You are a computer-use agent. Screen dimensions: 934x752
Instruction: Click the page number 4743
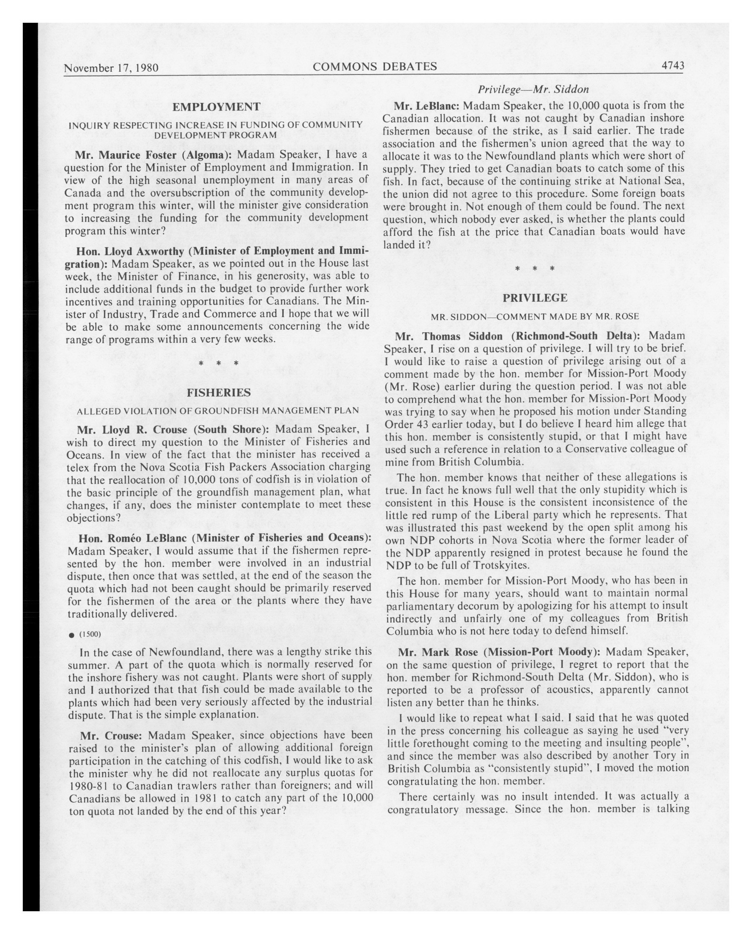(672, 66)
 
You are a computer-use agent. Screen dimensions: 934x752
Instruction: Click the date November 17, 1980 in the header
(111, 68)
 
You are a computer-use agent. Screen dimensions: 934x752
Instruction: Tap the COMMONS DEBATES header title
(375, 66)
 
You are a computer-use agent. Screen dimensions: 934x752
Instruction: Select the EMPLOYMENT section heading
(216, 107)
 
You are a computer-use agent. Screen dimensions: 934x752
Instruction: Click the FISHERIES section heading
(218, 393)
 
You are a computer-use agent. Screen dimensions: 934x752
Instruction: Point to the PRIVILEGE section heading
(535, 298)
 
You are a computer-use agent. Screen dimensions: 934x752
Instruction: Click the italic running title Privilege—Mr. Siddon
(533, 89)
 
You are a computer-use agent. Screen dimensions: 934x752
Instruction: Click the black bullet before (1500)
(71, 635)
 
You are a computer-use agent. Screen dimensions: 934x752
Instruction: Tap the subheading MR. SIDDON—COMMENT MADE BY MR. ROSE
(534, 317)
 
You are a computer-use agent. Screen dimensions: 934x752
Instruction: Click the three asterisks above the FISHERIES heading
(218, 363)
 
